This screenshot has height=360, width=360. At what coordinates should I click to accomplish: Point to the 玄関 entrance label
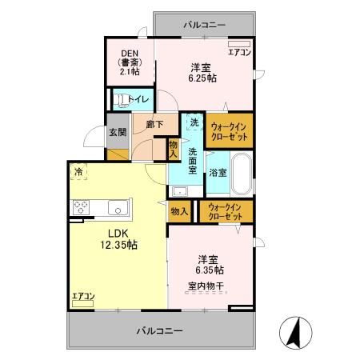pyautogui.click(x=117, y=132)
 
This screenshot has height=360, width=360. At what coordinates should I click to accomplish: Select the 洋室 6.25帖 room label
pyautogui.click(x=200, y=73)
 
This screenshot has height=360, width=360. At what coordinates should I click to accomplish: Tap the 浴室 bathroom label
pyautogui.click(x=218, y=172)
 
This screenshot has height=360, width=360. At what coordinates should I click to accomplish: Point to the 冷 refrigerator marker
pyautogui.click(x=78, y=171)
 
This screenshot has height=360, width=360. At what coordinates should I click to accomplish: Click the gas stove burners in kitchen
pyautogui.click(x=81, y=208)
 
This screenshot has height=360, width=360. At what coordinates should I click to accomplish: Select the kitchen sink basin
pyautogui.click(x=117, y=209)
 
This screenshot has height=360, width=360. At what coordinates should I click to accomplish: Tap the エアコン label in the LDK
pyautogui.click(x=83, y=297)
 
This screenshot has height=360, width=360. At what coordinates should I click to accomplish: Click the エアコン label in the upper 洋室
pyautogui.click(x=239, y=53)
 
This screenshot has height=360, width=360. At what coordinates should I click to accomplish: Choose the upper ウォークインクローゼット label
pyautogui.click(x=230, y=132)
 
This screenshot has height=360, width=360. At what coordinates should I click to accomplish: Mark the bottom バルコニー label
pyautogui.click(x=159, y=330)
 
